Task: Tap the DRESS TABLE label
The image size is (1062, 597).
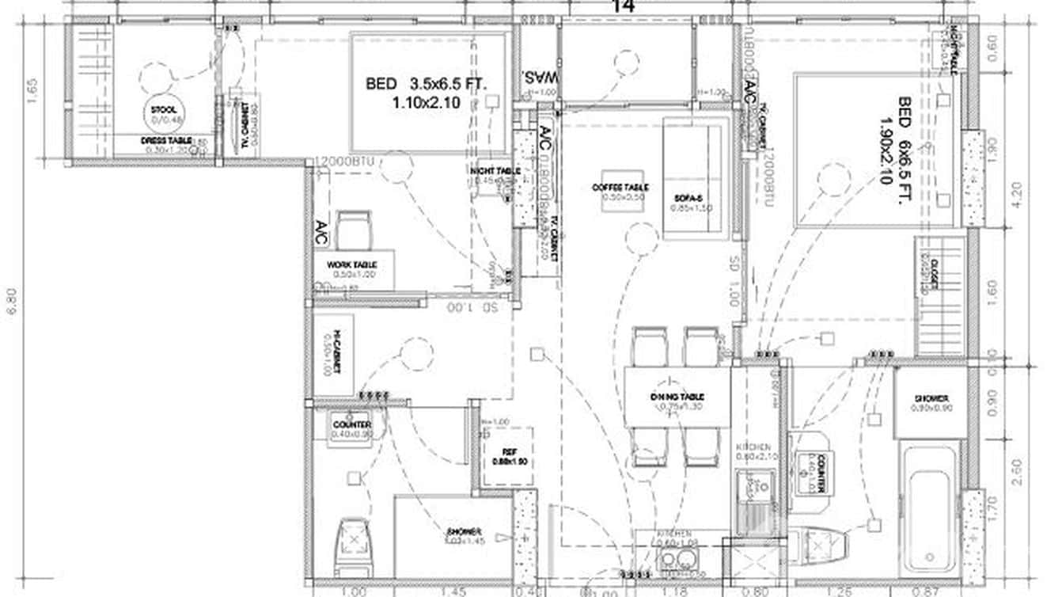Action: (166, 140)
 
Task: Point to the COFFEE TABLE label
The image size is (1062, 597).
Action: (620, 188)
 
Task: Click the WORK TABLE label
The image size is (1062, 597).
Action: (352, 264)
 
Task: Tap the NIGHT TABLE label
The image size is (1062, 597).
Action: (495, 171)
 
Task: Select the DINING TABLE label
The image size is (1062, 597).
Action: (677, 397)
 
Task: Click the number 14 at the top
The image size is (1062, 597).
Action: (623, 6)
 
